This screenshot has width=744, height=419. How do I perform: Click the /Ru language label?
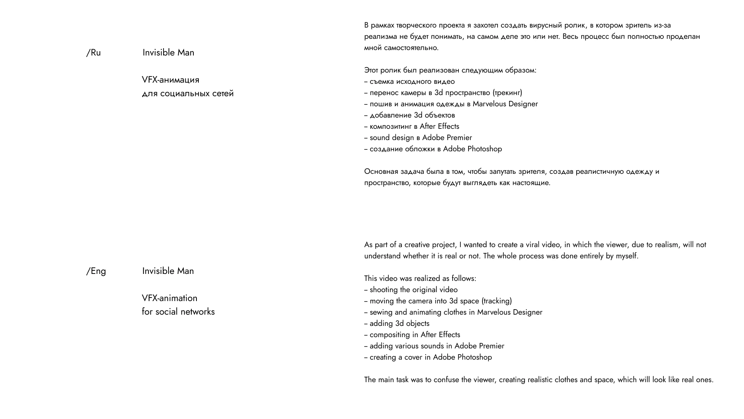[93, 53]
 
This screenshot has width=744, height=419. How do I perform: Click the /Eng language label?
[96, 271]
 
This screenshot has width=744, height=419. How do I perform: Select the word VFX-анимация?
[170, 80]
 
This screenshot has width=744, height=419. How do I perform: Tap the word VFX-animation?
[169, 298]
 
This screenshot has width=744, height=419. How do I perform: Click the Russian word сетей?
[223, 93]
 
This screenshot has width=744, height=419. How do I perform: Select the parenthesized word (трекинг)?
[507, 93]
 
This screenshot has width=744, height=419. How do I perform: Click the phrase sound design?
[392, 138]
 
